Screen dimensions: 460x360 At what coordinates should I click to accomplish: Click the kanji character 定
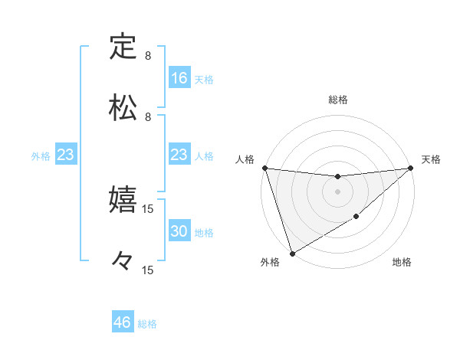123,47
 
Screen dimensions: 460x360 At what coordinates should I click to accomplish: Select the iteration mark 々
123,260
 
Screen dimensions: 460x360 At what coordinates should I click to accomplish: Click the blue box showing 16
179,77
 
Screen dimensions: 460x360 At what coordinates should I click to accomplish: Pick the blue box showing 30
179,231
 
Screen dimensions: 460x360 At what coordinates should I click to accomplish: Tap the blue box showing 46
123,322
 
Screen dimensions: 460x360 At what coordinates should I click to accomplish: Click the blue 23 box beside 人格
179,155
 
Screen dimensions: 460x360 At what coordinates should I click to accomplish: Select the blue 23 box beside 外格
66,155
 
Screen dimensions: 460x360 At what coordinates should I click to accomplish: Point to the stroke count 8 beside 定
148,56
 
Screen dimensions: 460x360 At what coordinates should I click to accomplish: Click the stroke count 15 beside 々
148,270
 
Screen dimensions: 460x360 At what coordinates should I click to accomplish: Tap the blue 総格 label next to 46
147,323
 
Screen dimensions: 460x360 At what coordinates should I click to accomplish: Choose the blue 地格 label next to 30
204,232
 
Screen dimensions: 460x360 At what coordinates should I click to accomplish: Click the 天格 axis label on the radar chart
431,159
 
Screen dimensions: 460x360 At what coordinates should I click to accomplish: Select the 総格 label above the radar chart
337,100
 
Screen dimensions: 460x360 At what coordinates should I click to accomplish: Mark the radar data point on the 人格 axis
264,167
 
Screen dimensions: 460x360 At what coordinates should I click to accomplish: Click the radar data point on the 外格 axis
291,253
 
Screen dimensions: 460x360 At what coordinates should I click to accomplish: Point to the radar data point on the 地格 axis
356,218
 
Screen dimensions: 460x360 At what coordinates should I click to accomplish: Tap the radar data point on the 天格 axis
410,168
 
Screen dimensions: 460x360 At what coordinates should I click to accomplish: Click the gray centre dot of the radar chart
337,191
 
